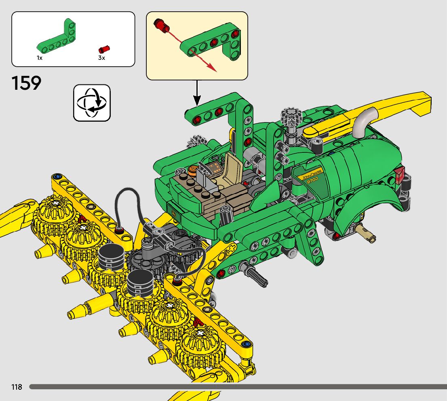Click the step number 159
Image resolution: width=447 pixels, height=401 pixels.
point(27,83)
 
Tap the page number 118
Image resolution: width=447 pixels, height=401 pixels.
point(17,387)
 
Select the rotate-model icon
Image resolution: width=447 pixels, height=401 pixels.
point(92,103)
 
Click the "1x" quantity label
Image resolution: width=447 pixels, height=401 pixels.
point(40,58)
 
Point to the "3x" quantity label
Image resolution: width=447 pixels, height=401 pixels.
point(101,58)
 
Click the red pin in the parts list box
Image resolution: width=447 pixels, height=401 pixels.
point(104,49)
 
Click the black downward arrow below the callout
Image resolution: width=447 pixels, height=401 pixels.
point(197,93)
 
